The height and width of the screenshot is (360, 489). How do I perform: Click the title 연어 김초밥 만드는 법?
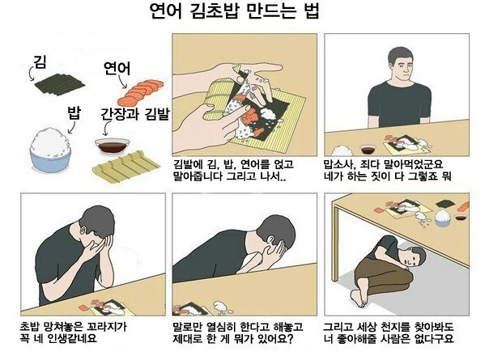(x=235, y=12)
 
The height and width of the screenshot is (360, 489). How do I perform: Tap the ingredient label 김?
(x=40, y=61)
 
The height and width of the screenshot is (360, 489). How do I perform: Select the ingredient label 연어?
(x=117, y=69)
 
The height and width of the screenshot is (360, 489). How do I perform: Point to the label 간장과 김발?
(x=134, y=114)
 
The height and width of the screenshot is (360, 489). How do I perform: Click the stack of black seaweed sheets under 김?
(x=59, y=83)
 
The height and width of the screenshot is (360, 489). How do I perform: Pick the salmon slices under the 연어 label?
(x=140, y=92)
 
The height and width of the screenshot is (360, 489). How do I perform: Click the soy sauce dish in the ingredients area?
(x=113, y=146)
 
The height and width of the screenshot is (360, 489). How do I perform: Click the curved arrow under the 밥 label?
(x=72, y=128)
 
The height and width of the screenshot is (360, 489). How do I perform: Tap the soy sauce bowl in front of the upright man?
(x=368, y=150)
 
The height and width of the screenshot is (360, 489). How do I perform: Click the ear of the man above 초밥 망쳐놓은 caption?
(x=83, y=231)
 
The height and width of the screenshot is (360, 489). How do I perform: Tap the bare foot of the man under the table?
(x=359, y=298)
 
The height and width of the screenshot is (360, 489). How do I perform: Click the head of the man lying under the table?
(x=415, y=256)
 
